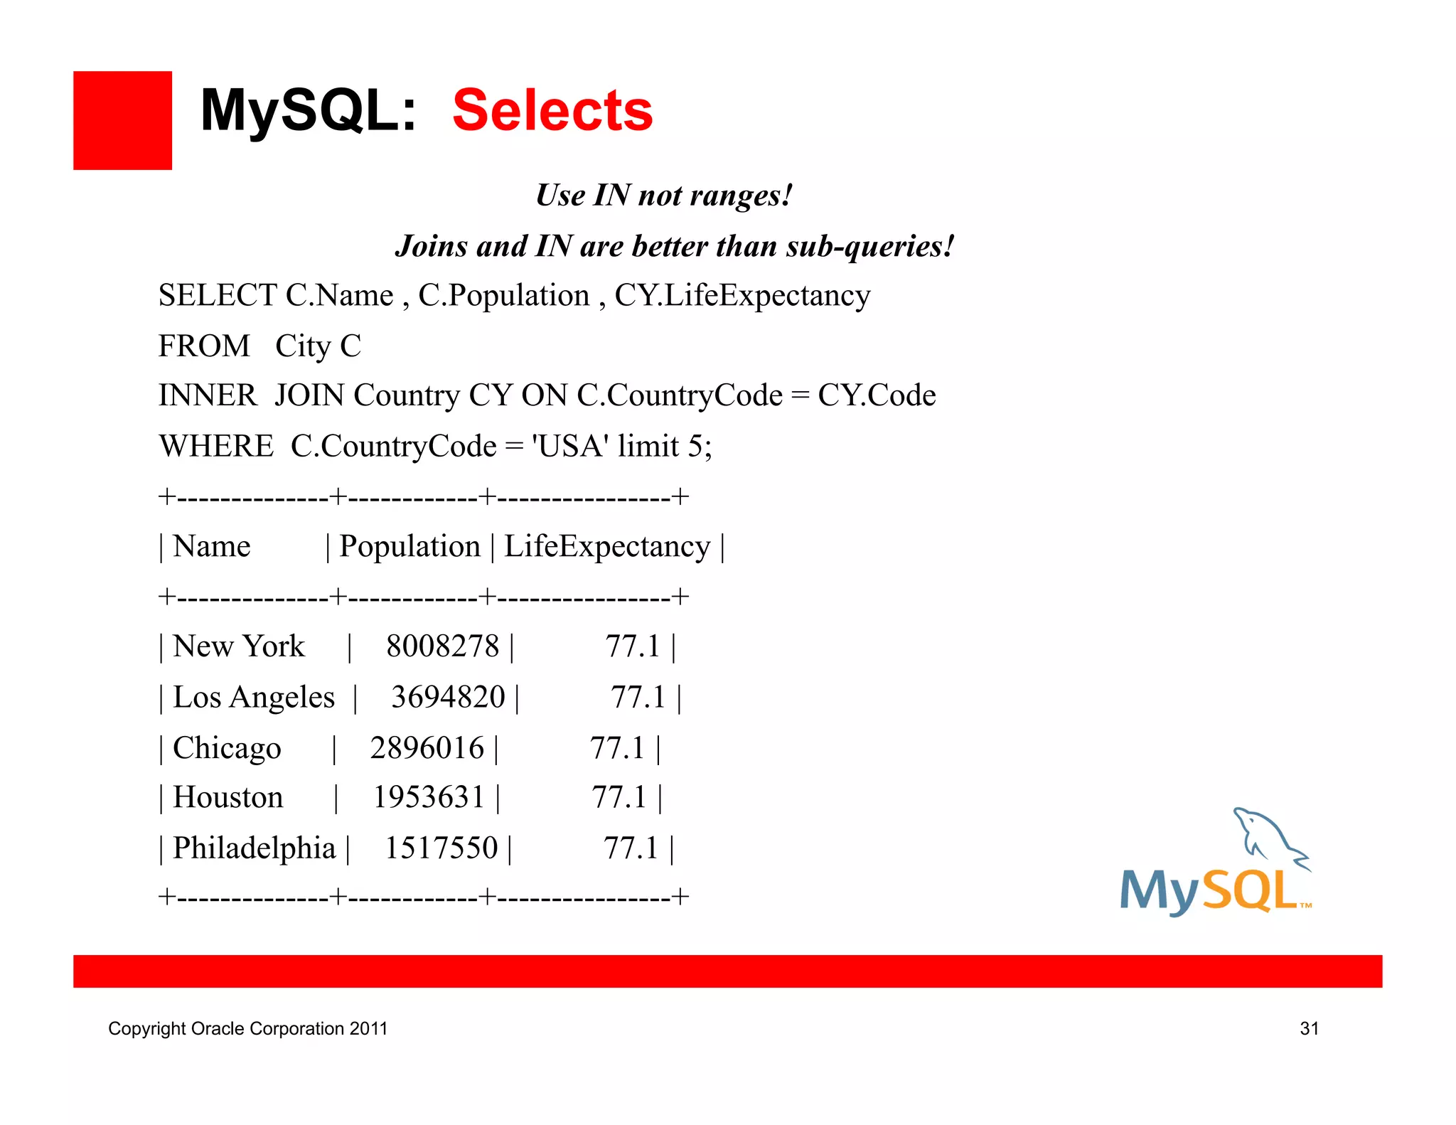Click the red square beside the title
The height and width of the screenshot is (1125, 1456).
122,120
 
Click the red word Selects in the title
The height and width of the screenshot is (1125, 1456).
552,111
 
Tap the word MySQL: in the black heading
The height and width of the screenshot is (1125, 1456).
308,111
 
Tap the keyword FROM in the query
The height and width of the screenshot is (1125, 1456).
204,346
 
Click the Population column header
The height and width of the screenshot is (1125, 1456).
409,547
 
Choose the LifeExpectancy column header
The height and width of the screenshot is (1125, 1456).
607,547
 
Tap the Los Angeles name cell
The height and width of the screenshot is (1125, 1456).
253,698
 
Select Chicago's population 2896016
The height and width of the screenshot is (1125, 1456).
427,748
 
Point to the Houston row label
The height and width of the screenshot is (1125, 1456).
227,798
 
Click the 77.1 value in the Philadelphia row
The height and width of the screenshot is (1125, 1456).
631,848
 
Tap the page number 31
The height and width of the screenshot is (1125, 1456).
1309,1029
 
